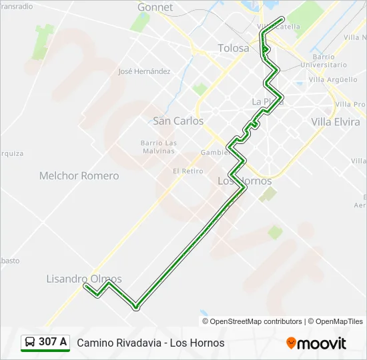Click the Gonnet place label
click(x=155, y=7)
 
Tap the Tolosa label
click(x=234, y=48)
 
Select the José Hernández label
click(x=143, y=71)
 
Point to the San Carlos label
click(x=178, y=121)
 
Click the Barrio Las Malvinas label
click(x=158, y=147)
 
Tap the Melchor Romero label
click(x=79, y=176)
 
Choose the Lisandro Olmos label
click(x=84, y=279)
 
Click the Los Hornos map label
click(x=245, y=181)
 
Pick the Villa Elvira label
click(x=335, y=121)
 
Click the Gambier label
click(x=216, y=152)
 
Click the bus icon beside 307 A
click(x=30, y=343)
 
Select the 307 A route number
click(x=53, y=342)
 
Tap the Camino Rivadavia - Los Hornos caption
click(x=151, y=343)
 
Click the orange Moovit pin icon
click(x=291, y=343)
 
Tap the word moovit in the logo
click(x=322, y=343)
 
